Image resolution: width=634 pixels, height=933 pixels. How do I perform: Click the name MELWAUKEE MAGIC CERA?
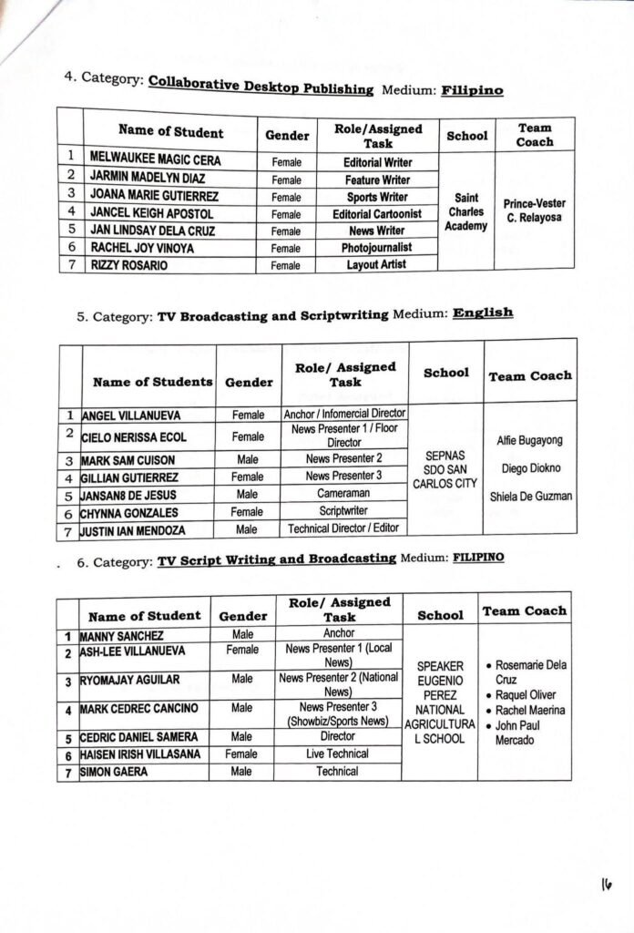pos(155,159)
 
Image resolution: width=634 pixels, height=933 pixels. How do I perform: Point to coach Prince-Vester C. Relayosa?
pos(534,211)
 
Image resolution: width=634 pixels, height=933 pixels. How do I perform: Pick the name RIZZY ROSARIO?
pos(128,265)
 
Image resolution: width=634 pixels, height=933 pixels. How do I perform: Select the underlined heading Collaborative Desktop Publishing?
pos(261,88)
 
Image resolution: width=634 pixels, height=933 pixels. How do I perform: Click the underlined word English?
pos(483,313)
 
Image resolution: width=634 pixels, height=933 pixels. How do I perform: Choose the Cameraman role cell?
pos(344,493)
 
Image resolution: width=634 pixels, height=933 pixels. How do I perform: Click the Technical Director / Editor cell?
pos(344,528)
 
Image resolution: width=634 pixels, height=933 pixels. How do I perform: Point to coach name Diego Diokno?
pos(528,468)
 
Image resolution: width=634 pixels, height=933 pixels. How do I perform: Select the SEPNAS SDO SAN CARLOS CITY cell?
pos(445,468)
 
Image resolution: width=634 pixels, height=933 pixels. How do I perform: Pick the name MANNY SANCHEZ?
pos(121,635)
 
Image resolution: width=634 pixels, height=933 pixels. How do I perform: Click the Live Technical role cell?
pos(337,754)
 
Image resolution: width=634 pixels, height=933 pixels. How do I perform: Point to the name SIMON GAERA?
pos(115,772)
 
